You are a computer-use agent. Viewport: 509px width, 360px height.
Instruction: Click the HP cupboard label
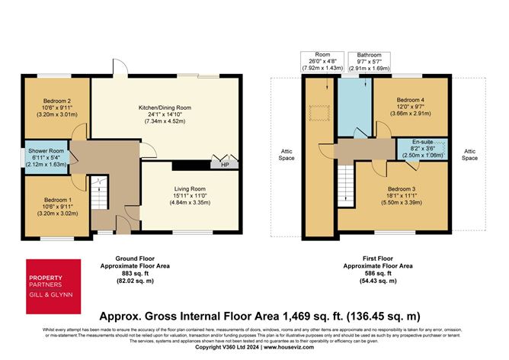click(x=225, y=164)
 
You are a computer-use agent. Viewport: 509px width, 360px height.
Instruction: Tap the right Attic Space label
click(x=469, y=155)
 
